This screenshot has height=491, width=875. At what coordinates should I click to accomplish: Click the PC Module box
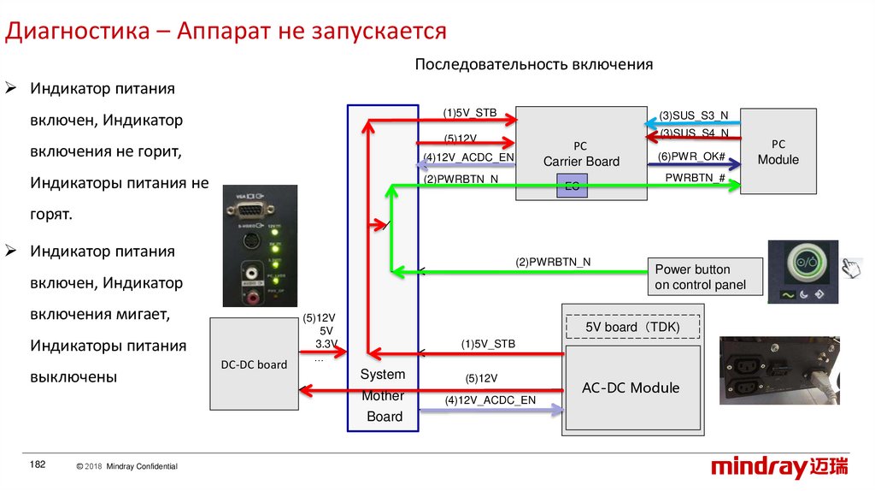click(x=778, y=151)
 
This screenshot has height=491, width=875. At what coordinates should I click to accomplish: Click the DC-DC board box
click(x=253, y=364)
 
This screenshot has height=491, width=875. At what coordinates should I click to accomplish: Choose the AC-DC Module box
click(x=631, y=387)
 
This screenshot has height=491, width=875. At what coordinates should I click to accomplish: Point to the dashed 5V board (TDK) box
click(x=632, y=327)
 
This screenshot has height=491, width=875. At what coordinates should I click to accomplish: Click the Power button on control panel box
click(x=705, y=277)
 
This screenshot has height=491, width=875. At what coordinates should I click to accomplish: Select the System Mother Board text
click(x=384, y=396)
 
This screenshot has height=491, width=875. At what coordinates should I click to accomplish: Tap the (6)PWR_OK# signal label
click(x=692, y=157)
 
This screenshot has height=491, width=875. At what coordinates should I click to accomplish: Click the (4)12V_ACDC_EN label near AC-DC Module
click(x=490, y=400)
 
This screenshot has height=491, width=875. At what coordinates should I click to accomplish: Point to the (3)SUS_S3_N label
click(x=694, y=115)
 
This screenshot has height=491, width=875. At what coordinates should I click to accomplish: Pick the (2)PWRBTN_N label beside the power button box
click(x=552, y=262)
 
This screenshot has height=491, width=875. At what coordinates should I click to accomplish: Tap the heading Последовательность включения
click(x=533, y=65)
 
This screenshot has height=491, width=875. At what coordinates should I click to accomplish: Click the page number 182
click(x=37, y=464)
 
